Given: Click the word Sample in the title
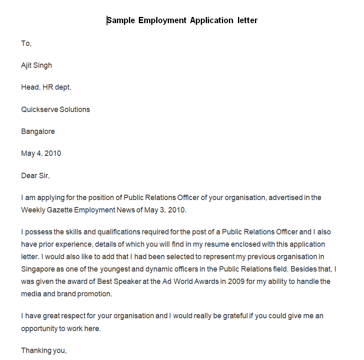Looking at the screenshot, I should click(x=121, y=20).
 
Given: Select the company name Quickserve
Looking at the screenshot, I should click(x=39, y=110).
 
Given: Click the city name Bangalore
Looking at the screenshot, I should click(x=38, y=131).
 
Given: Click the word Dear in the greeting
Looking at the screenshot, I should click(x=29, y=175).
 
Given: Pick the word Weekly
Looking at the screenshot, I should click(x=33, y=210).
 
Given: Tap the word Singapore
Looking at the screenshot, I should click(x=38, y=269).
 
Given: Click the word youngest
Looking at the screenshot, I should click(x=114, y=269).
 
